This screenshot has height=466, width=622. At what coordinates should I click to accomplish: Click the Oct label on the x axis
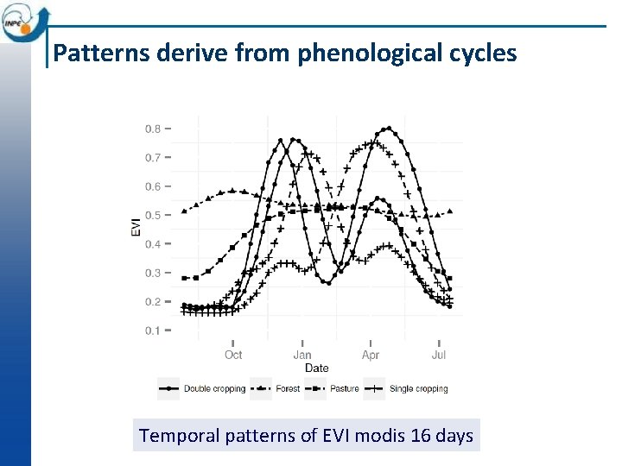[x=233, y=355]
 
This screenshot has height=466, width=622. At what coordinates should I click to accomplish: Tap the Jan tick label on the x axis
[x=302, y=355]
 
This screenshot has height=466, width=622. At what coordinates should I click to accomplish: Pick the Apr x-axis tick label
[x=371, y=355]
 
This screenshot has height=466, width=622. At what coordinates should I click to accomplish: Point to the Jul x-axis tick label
[x=439, y=355]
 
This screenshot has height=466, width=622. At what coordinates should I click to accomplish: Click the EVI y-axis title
[x=136, y=228]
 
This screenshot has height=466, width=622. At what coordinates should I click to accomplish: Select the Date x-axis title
[x=317, y=368]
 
